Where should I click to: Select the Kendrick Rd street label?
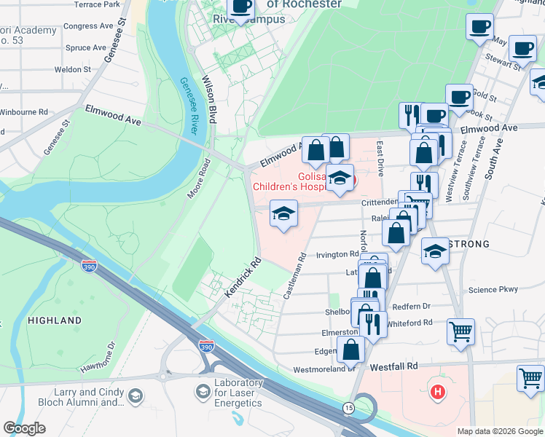click(x=243, y=277)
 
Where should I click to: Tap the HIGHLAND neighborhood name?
click(x=55, y=320)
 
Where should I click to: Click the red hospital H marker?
click(x=438, y=393)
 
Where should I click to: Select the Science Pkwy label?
click(x=493, y=289)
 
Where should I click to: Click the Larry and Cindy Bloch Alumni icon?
click(x=135, y=395)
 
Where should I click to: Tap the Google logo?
click(x=25, y=428)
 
